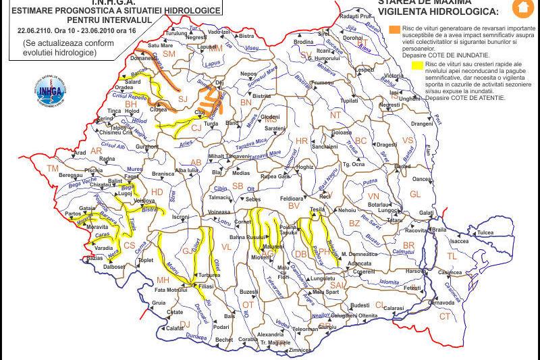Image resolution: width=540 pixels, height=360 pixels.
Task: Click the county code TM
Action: (x=53, y=168)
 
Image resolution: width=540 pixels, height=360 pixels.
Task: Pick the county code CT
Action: (x=445, y=316)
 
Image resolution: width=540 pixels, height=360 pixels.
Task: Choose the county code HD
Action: (x=157, y=192)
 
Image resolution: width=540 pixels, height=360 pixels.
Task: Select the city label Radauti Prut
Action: (x=356, y=15)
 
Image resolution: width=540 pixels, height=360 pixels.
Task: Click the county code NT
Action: (x=335, y=115)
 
